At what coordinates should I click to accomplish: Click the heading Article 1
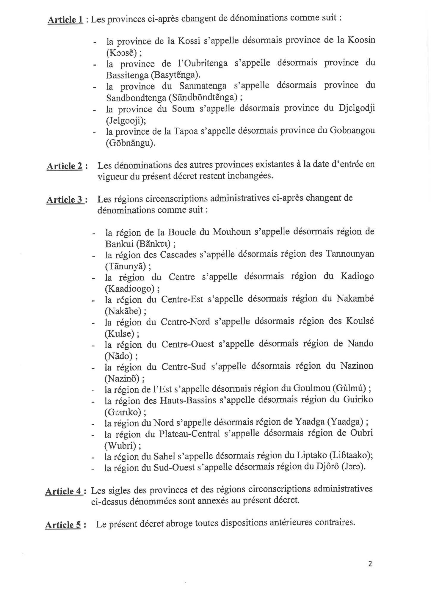[65, 20]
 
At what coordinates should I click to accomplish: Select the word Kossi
[189, 40]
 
